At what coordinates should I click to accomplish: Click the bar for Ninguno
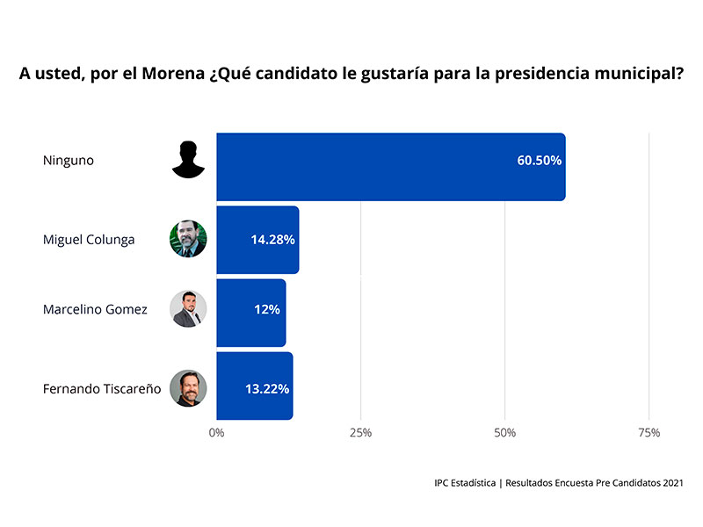pos(390,167)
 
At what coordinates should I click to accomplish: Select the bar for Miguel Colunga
pos(257,240)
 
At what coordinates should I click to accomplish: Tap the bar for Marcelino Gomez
pos(250,313)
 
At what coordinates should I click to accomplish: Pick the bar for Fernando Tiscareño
pos(254,386)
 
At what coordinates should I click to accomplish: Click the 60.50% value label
pos(539,161)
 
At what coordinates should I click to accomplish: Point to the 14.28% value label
pos(272,240)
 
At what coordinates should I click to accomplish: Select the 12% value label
pos(267,310)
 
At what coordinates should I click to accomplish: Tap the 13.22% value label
pos(267,387)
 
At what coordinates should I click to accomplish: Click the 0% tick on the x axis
pos(216,433)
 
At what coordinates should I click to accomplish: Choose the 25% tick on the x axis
pos(360,433)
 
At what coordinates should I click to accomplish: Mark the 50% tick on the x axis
pos(504,433)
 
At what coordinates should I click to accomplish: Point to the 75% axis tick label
pos(649,433)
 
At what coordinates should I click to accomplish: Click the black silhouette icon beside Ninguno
pos(188,160)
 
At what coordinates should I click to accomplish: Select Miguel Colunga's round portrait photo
pos(188,239)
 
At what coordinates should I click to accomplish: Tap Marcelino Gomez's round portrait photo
pos(188,309)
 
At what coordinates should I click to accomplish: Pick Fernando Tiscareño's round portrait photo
pos(188,388)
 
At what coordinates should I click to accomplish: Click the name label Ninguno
pos(68,161)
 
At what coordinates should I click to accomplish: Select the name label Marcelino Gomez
pos(95,310)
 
